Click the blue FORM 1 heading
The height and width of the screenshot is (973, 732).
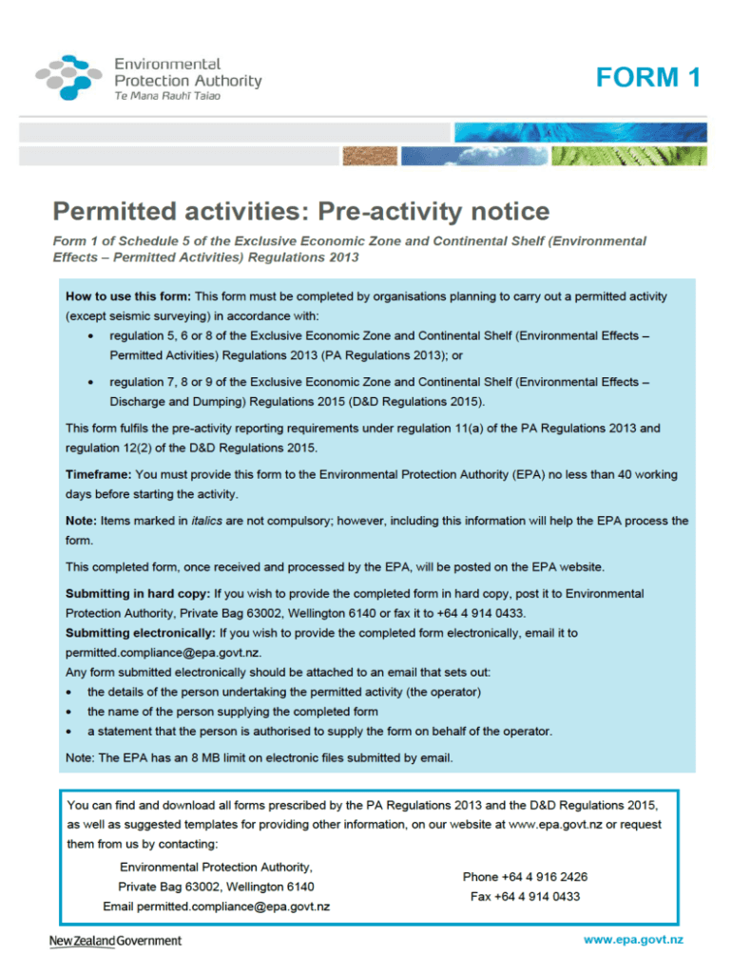point(648,78)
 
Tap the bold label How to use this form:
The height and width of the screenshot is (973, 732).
point(127,296)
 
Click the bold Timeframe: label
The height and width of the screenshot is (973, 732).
point(98,473)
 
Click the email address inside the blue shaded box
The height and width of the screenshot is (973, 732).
point(162,653)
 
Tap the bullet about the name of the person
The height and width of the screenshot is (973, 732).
point(232,711)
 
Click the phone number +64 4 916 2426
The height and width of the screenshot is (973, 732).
point(525,876)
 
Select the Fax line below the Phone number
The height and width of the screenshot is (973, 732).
point(525,896)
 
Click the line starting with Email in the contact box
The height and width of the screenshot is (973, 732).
point(216,906)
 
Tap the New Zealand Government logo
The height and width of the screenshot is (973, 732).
point(115,941)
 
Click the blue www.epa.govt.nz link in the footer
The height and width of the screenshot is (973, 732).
point(633,941)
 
